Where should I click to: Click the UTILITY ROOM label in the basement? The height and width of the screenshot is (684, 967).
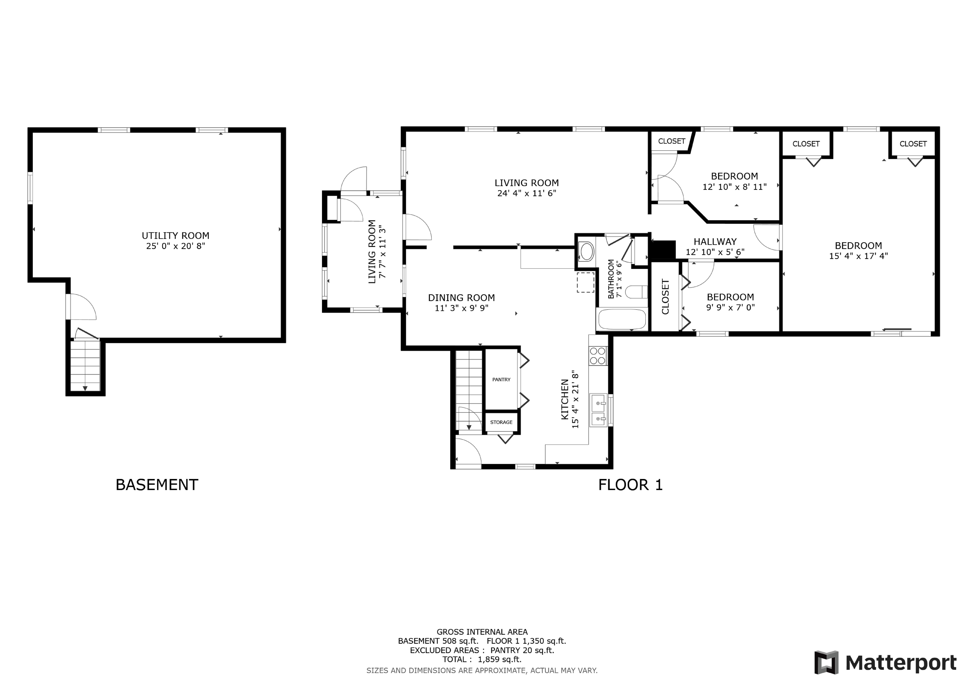tap(175, 236)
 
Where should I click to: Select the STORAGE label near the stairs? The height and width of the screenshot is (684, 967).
tap(501, 422)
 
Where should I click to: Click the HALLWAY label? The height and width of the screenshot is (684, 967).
tap(715, 242)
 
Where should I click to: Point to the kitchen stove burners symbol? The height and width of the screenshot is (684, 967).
tap(598, 356)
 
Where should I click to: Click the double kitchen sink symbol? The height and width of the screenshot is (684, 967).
tap(598, 411)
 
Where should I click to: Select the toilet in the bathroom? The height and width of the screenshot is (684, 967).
tap(636, 292)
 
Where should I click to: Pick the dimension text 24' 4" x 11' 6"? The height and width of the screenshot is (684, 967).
tap(526, 193)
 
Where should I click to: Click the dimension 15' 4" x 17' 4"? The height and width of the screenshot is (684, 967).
tap(858, 256)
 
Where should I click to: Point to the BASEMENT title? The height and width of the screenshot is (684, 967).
tap(157, 485)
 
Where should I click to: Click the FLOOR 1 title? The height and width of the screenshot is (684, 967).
tap(631, 485)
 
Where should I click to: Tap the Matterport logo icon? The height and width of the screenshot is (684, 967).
tap(826, 663)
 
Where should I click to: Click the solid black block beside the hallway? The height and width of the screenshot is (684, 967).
tap(663, 249)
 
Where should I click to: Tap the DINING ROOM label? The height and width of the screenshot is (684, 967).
tap(461, 298)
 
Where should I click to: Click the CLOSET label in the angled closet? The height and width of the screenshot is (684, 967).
tap(671, 141)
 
